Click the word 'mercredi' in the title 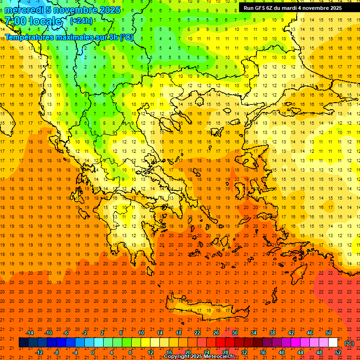point(22,10)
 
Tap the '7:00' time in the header point(15,22)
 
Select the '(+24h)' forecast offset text point(81,21)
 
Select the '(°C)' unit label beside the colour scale point(349,343)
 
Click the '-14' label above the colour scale point(29,333)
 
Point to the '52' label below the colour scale point(338,352)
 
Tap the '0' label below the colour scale point(93,352)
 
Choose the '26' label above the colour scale point(216,333)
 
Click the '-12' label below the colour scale point(39,352)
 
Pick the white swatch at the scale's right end point(333,343)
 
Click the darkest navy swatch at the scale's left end point(23,343)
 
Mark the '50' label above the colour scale point(329,333)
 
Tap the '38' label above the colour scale point(272,333)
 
